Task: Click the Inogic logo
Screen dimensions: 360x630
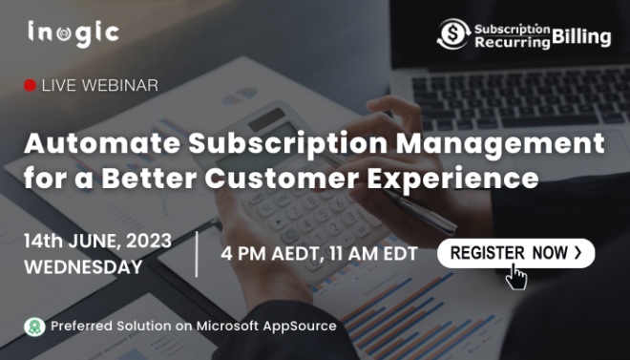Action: coord(73,32)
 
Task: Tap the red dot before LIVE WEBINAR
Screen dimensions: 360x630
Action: coord(31,86)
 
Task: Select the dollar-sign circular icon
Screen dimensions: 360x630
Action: coord(452,35)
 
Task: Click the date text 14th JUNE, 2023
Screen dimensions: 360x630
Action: coord(97,241)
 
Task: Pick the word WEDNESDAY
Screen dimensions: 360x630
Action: coord(84,266)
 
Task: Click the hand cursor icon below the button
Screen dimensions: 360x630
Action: coord(515,277)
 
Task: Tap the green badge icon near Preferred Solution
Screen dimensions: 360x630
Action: coord(34,327)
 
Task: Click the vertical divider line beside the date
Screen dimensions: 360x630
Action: coord(198,253)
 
